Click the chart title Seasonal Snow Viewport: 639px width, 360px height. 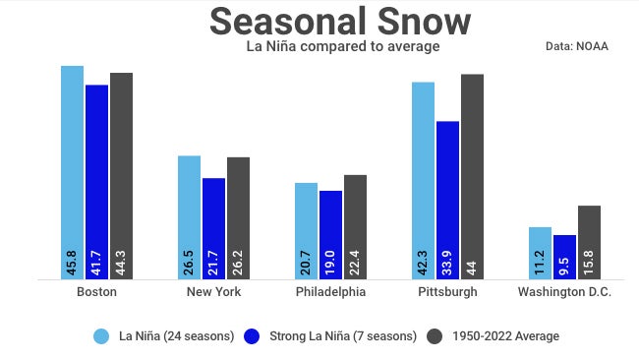(x=340, y=22)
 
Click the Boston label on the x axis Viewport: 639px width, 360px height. (x=96, y=292)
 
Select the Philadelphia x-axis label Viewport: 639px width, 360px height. (x=330, y=292)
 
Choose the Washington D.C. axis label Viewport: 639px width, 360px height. (x=564, y=292)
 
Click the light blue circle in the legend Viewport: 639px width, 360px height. (x=101, y=336)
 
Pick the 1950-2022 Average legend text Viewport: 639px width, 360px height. (x=505, y=336)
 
